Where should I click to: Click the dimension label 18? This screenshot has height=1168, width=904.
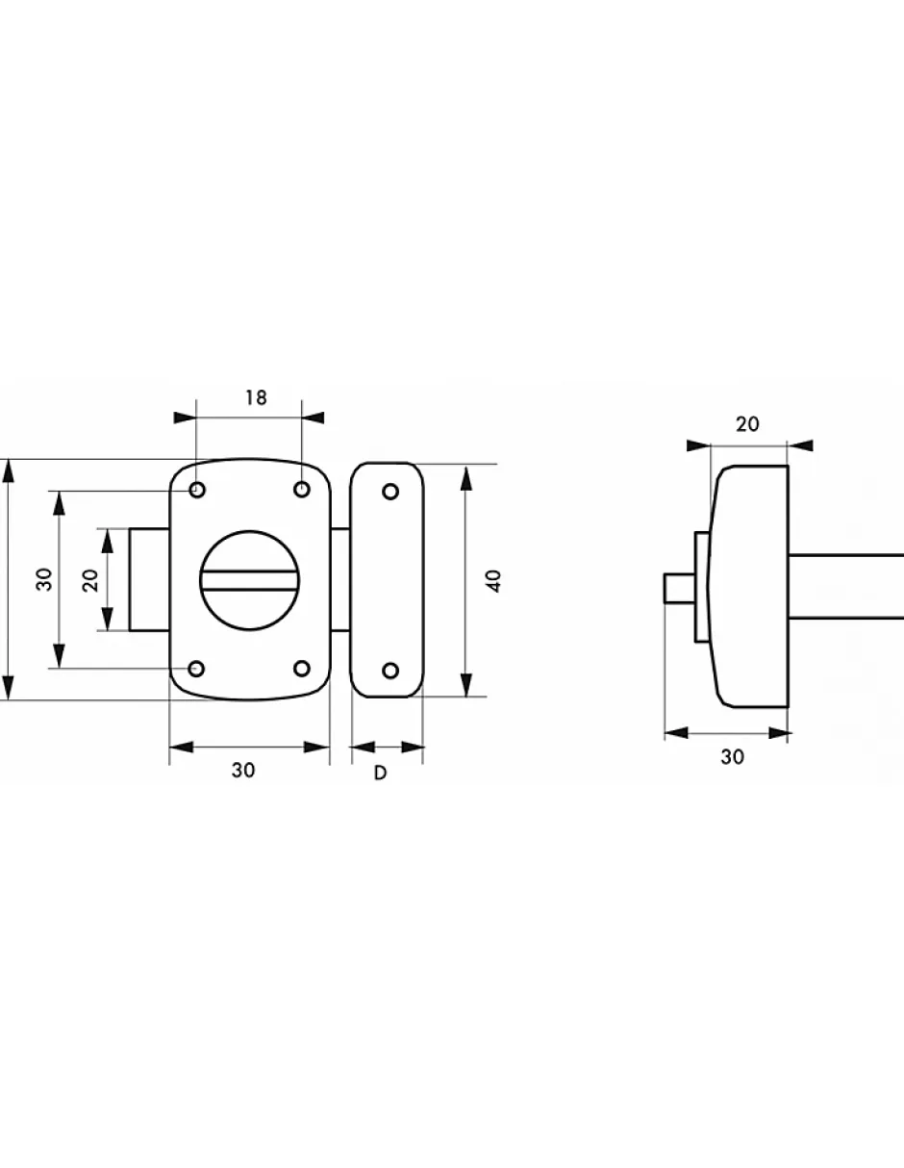point(256,397)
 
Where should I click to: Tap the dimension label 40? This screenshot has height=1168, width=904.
point(495,580)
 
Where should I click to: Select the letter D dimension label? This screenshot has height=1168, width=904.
point(380,773)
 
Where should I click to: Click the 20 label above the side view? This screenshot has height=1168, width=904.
point(747,424)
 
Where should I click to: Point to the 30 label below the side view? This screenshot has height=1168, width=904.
point(733,757)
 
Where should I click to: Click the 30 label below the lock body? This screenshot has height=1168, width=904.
point(243,771)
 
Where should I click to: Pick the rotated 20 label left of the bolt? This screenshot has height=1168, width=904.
point(90,580)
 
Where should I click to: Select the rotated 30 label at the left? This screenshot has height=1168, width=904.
point(44,579)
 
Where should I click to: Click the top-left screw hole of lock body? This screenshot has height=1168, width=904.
point(197,491)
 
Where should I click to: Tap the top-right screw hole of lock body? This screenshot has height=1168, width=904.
point(302,490)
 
